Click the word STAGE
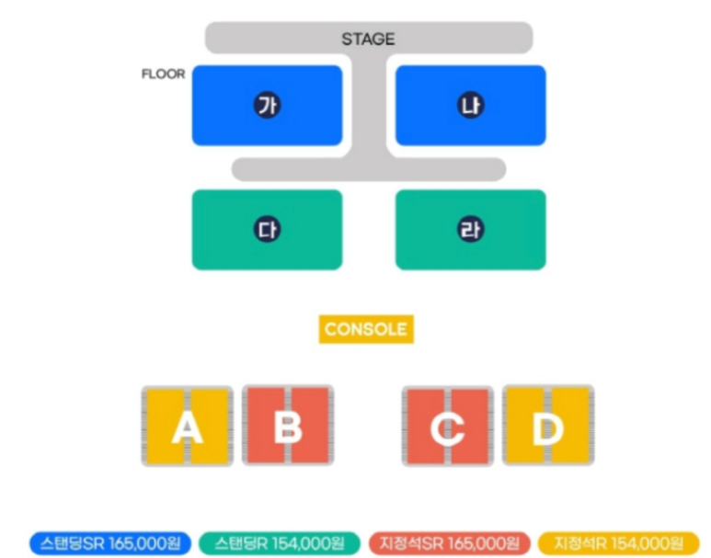[x=368, y=39]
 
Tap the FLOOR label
[x=163, y=74]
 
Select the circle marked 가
[x=267, y=106]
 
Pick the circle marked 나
[x=470, y=106]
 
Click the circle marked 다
[x=267, y=230]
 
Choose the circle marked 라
[x=470, y=230]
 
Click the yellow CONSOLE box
[x=365, y=329]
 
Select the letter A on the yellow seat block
[x=187, y=427]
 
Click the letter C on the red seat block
[x=447, y=427]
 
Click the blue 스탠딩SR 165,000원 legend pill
[x=109, y=542]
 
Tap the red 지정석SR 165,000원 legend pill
[x=449, y=542]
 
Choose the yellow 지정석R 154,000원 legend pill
[x=618, y=542]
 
